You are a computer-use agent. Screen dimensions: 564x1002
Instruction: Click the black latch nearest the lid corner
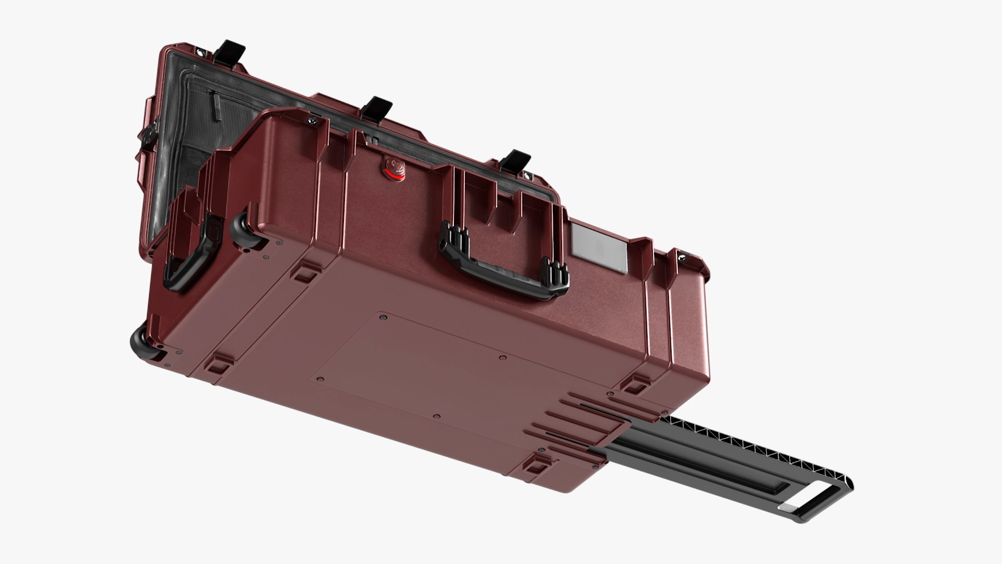point(233,52)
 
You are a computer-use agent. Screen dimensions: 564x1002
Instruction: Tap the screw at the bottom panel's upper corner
point(383,317)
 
